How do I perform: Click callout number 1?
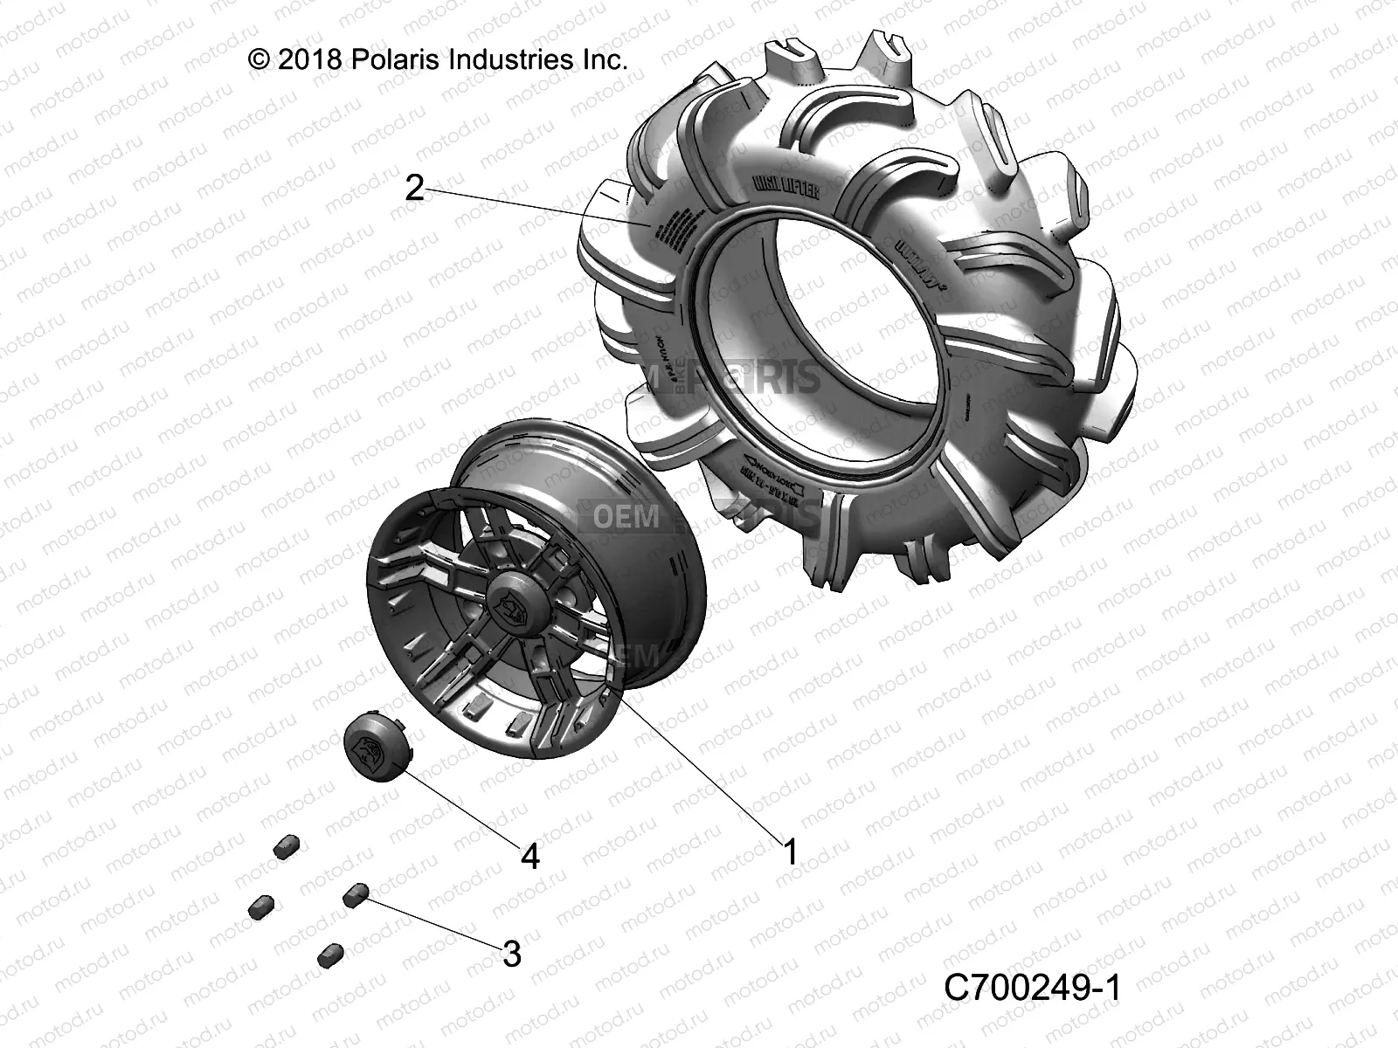[x=790, y=851]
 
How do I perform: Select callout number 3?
[x=511, y=954]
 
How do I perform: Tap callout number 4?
[x=529, y=856]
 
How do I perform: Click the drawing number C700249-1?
[x=1032, y=989]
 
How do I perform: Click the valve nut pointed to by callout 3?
[x=356, y=893]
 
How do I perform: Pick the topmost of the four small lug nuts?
[x=287, y=845]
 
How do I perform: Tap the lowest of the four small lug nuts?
[x=330, y=954]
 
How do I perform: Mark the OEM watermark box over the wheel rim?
[x=626, y=516]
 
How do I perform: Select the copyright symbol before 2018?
[x=260, y=59]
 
